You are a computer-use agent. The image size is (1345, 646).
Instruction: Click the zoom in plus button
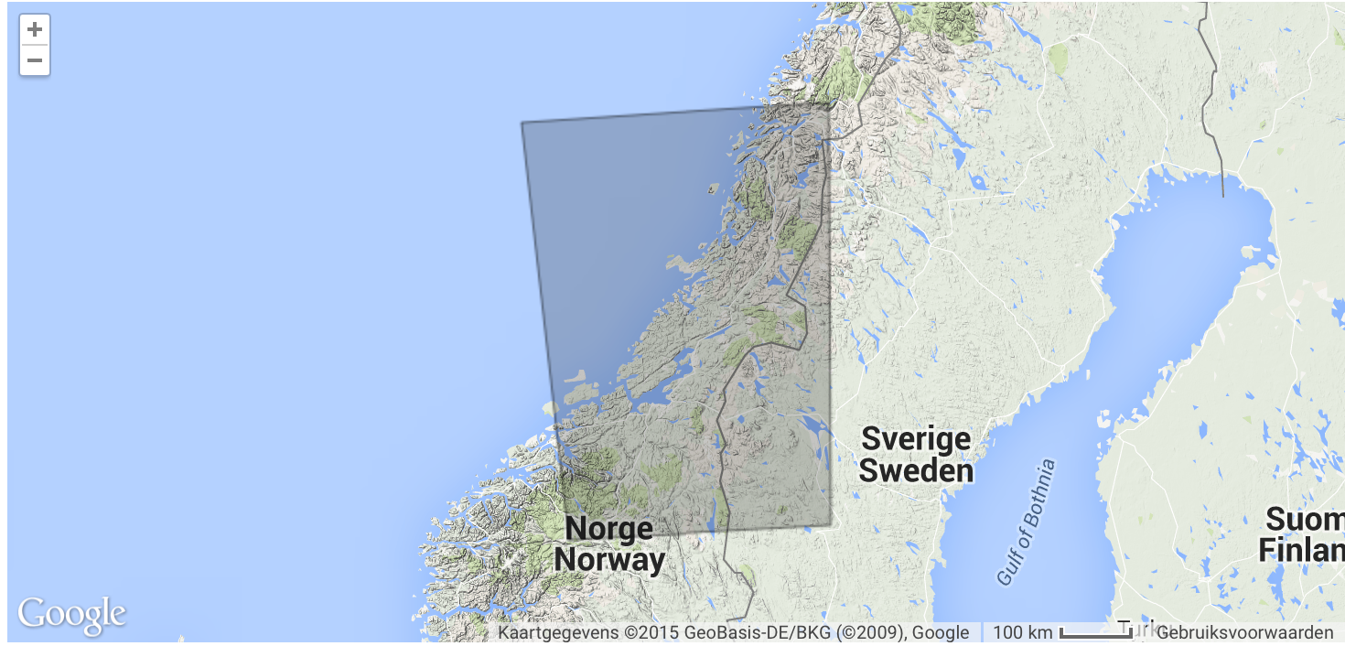pyautogui.click(x=35, y=29)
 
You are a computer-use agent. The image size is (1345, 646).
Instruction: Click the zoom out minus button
pyautogui.click(x=35, y=60)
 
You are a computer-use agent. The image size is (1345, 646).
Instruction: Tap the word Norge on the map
pyautogui.click(x=608, y=528)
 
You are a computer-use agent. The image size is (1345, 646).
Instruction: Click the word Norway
pyautogui.click(x=609, y=559)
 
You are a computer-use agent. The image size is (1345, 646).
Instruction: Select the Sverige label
pyautogui.click(x=916, y=438)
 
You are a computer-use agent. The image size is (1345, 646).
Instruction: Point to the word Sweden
pyautogui.click(x=916, y=470)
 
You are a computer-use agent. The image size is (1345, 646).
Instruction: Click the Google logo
pyautogui.click(x=71, y=615)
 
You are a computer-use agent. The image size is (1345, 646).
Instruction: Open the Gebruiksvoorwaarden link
pyautogui.click(x=1244, y=632)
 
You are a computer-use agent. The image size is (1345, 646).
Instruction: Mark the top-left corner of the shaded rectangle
pyautogui.click(x=522, y=123)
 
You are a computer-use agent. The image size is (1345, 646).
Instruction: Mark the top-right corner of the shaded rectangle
pyautogui.click(x=830, y=104)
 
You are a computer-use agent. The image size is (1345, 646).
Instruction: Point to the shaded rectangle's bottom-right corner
pyautogui.click(x=831, y=527)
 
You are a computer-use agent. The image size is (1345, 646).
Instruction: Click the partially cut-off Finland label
pyautogui.click(x=1300, y=551)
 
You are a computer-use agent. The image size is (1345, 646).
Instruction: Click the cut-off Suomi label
pyautogui.click(x=1304, y=520)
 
